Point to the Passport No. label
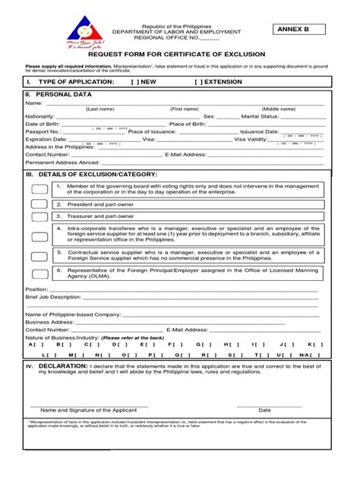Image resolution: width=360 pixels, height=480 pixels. [43, 131]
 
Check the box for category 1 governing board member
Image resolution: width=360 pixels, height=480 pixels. [39, 188]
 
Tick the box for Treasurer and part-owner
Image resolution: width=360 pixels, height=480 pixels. [39, 216]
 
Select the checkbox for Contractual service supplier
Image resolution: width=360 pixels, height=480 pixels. [39, 255]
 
